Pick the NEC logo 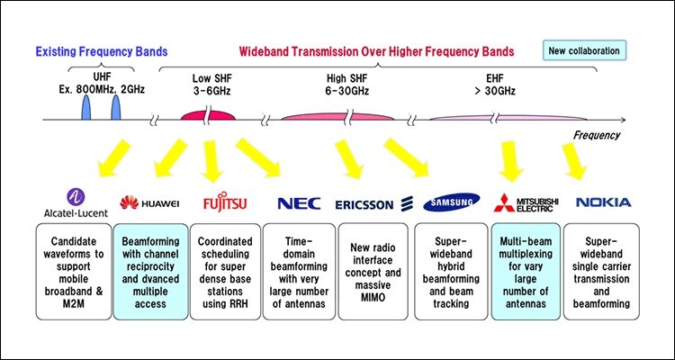(x=298, y=202)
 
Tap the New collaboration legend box (x=584, y=50)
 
